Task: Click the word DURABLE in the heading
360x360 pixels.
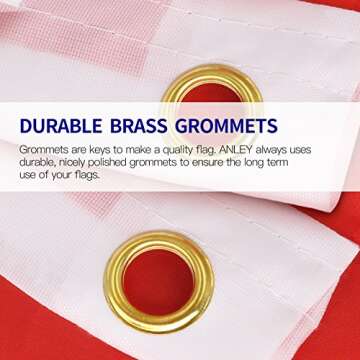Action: [x=69, y=126]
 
